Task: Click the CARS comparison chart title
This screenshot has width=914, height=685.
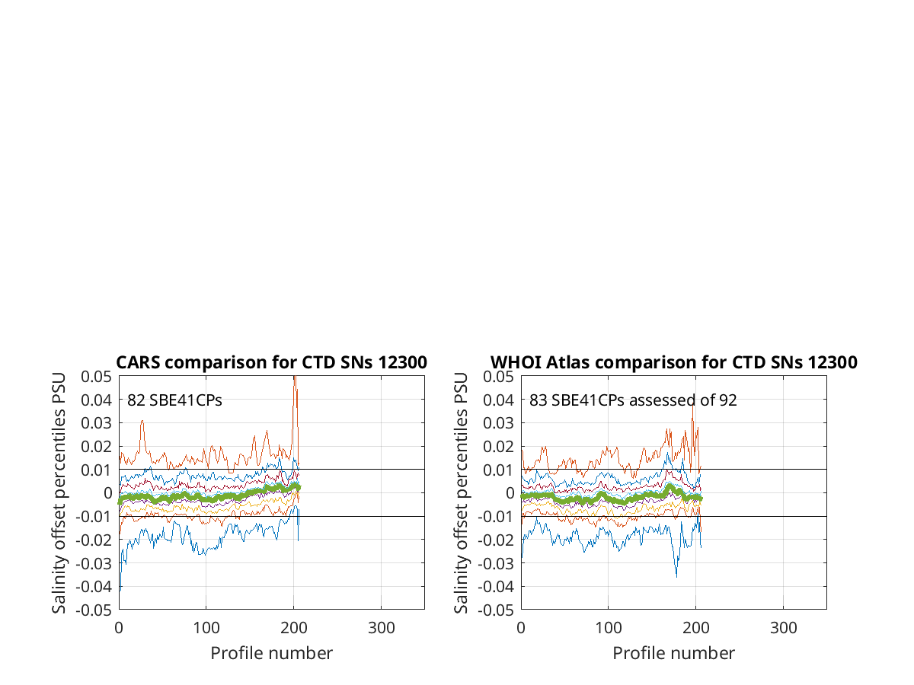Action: click(271, 362)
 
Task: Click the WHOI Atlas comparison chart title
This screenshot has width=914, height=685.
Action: click(674, 362)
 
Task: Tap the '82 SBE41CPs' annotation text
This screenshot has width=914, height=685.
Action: click(174, 400)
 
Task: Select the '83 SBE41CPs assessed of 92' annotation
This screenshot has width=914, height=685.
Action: click(633, 400)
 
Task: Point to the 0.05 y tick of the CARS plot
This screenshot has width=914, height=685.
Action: click(96, 377)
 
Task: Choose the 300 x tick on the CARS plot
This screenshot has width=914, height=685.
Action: click(381, 628)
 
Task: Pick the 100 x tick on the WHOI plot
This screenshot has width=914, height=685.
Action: click(609, 628)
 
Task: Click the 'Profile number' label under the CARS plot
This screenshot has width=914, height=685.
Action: click(271, 653)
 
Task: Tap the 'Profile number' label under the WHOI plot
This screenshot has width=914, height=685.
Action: click(674, 653)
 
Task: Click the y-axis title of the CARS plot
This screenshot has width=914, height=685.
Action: click(59, 493)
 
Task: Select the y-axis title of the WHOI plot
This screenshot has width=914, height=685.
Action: click(461, 493)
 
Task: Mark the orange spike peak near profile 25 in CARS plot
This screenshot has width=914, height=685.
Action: click(142, 421)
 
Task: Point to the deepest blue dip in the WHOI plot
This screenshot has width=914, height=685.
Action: click(676, 576)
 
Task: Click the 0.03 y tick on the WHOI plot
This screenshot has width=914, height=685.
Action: click(498, 423)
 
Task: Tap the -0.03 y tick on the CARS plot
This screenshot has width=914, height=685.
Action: click(93, 563)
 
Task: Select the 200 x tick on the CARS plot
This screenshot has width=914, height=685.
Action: click(293, 628)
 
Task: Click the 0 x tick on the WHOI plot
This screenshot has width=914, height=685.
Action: click(521, 628)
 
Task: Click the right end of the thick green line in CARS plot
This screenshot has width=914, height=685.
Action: click(299, 487)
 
